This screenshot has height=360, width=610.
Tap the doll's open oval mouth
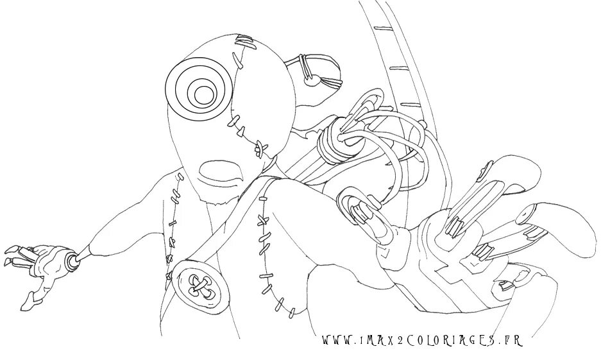221,171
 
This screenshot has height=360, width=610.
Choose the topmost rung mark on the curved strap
383,28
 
